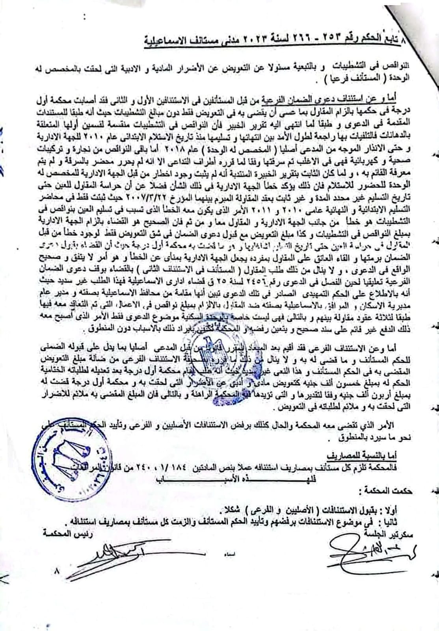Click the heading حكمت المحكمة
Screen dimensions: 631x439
[379, 491]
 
